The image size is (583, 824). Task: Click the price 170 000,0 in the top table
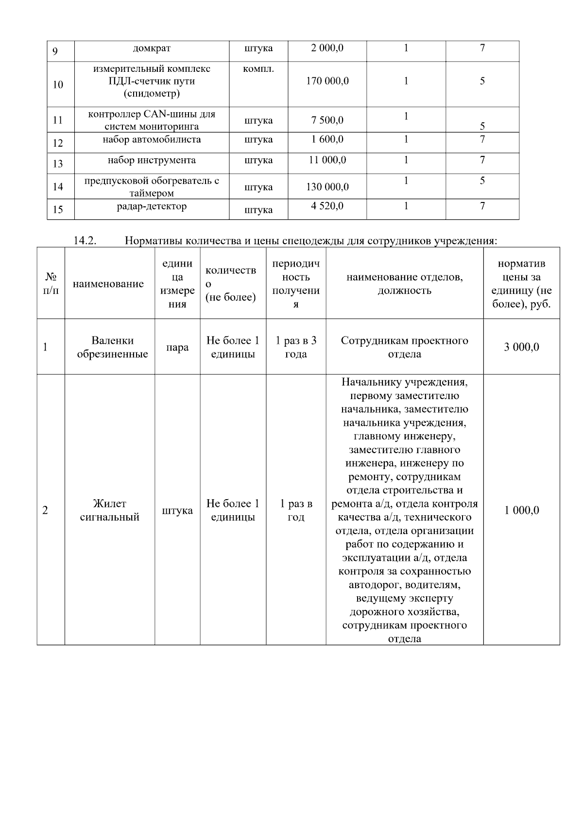tap(327, 81)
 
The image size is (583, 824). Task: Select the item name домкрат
tap(152, 49)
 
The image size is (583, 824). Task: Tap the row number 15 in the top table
tap(58, 210)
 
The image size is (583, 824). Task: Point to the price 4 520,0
tap(327, 206)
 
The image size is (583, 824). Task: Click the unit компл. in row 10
tap(258, 69)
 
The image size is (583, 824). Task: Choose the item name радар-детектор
tap(152, 206)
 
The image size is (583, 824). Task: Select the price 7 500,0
tap(327, 120)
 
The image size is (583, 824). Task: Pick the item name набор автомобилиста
tap(152, 140)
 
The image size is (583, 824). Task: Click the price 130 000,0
tap(327, 187)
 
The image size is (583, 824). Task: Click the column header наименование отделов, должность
tap(404, 284)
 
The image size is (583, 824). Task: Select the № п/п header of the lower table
tap(51, 284)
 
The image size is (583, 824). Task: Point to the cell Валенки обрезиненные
tap(112, 347)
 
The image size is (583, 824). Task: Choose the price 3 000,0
tap(521, 347)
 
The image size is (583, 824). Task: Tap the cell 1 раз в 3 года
tap(296, 347)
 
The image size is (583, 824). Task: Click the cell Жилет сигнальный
tap(109, 510)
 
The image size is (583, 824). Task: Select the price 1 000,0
tap(521, 510)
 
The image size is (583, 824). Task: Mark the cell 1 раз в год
tap(296, 510)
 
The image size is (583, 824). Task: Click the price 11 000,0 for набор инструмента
tap(327, 160)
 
